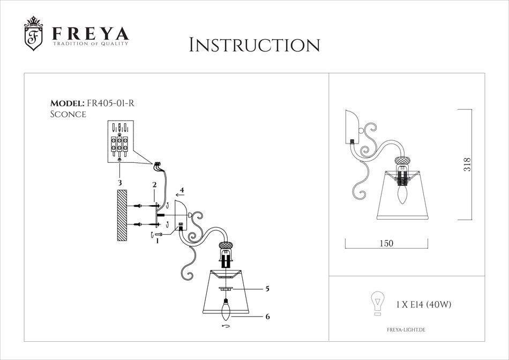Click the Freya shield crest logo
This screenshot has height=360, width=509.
[33, 34]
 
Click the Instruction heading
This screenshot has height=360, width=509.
[254, 45]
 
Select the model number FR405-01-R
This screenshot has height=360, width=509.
[109, 103]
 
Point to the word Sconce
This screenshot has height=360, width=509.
[68, 114]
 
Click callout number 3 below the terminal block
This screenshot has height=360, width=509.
[120, 183]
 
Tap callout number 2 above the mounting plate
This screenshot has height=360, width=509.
[154, 185]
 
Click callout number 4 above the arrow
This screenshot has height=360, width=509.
[182, 190]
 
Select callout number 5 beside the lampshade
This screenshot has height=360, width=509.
[267, 289]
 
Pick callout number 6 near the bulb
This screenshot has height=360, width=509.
[267, 316]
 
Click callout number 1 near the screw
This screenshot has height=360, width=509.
[158, 241]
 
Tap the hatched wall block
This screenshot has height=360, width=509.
[122, 215]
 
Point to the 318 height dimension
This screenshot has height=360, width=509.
[467, 164]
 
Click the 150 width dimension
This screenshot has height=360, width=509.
[386, 243]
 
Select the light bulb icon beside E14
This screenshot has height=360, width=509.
[378, 303]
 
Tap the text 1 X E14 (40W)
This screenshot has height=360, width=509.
[424, 304]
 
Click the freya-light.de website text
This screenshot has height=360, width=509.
[406, 330]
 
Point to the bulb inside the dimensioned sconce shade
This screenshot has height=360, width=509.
[402, 193]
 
